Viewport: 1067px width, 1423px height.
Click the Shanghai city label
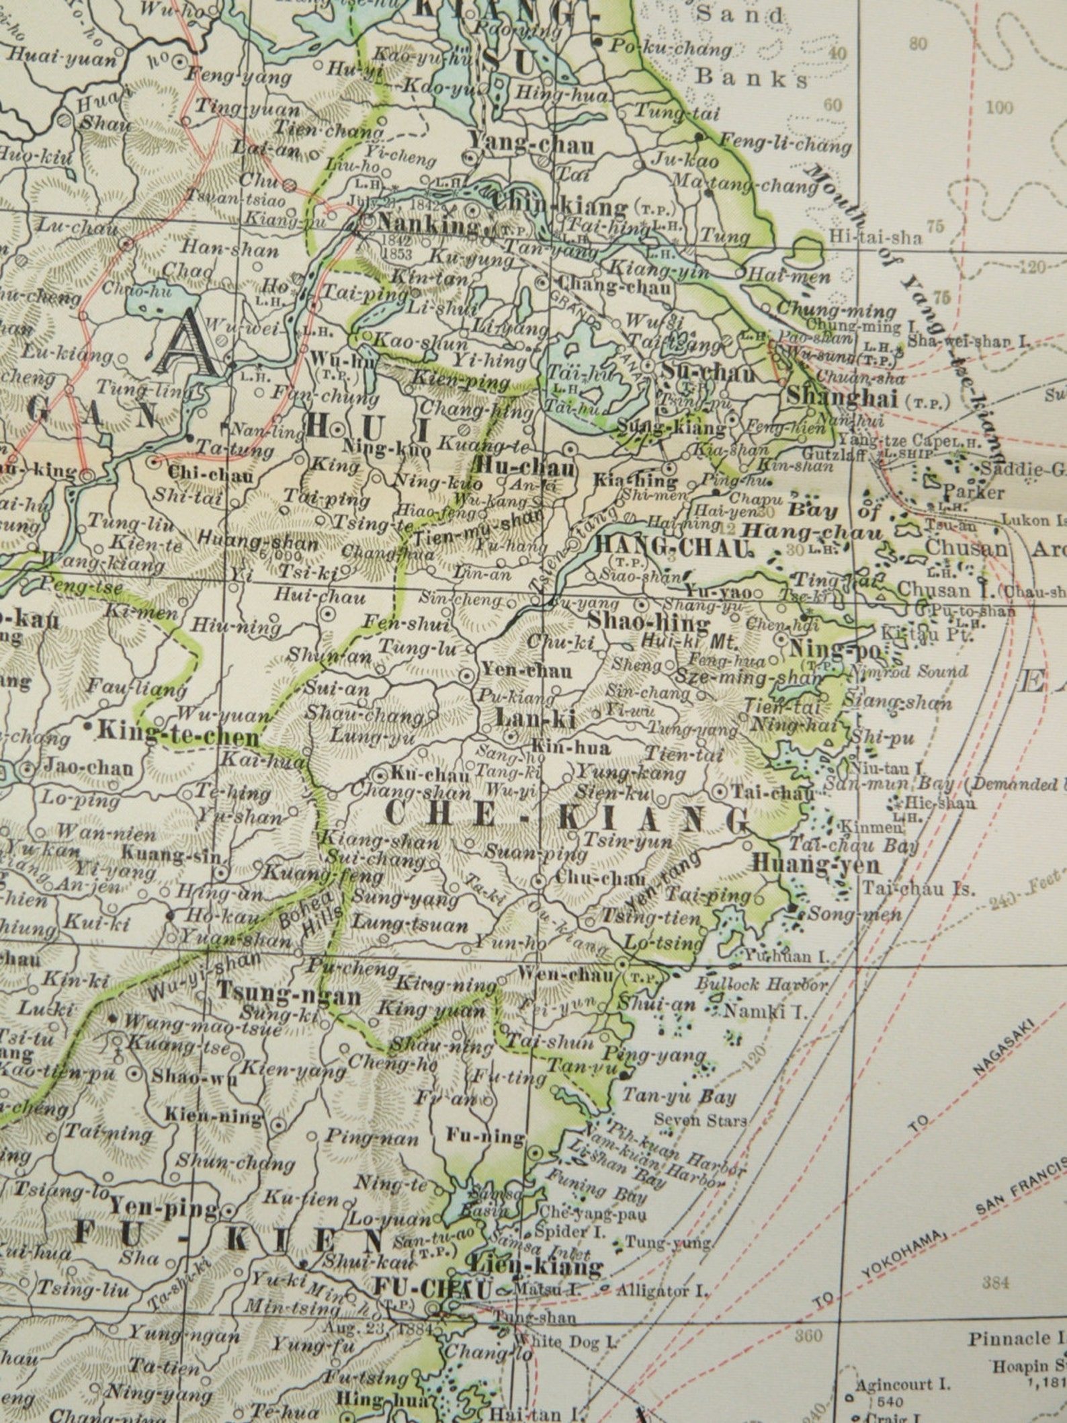(842, 397)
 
